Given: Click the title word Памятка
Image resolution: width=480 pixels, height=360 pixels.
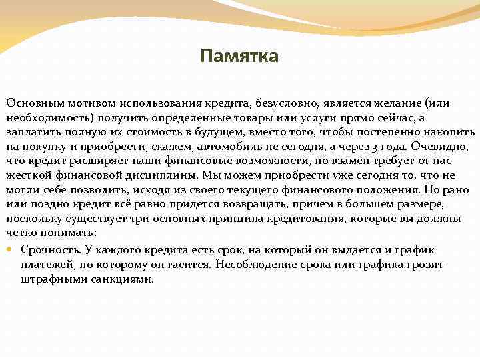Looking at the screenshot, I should pyautogui.click(x=239, y=56).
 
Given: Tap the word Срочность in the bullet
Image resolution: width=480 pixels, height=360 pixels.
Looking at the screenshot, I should pyautogui.click(x=51, y=250).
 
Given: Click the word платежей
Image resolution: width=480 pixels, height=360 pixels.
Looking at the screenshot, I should pyautogui.click(x=46, y=265).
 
